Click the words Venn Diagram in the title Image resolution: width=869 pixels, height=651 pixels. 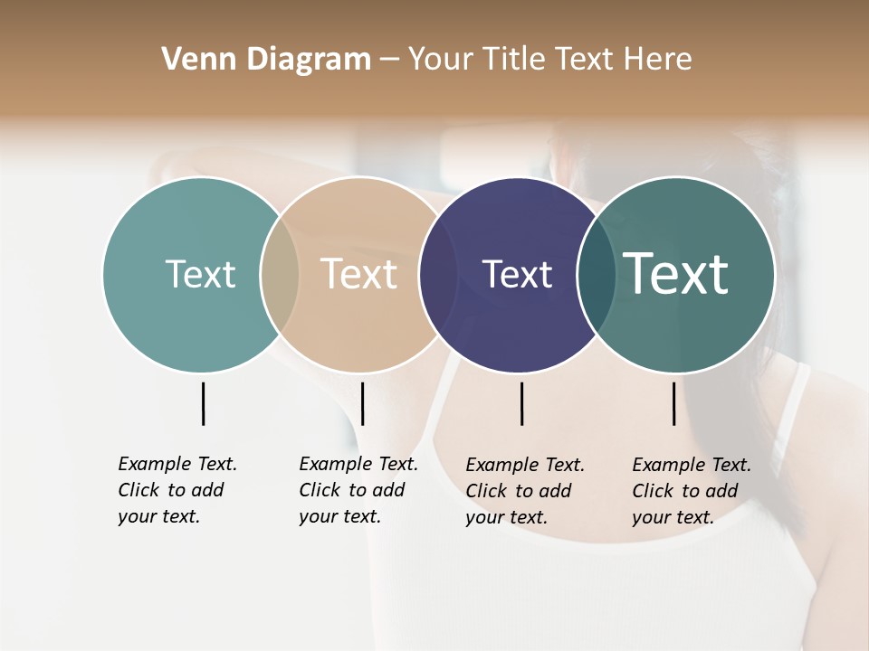pos(266,60)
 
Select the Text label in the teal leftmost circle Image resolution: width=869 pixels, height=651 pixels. pos(200,274)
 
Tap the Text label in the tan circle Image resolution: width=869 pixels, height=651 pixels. pos(358,274)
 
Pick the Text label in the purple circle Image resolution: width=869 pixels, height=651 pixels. pos(517,274)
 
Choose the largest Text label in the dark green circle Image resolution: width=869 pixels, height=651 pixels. pos(675,274)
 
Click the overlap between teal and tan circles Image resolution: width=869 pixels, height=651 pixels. pos(280,274)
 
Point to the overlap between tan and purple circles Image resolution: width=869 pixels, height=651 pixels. pos(438,274)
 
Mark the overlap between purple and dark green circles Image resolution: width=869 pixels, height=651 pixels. pos(596,274)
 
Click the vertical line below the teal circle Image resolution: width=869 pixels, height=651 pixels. pos(203,403)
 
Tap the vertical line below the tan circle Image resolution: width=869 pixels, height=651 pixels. pos(362,403)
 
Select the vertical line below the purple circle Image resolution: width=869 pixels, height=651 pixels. pos(521,403)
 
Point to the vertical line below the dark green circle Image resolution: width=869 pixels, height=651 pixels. pos(673,403)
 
